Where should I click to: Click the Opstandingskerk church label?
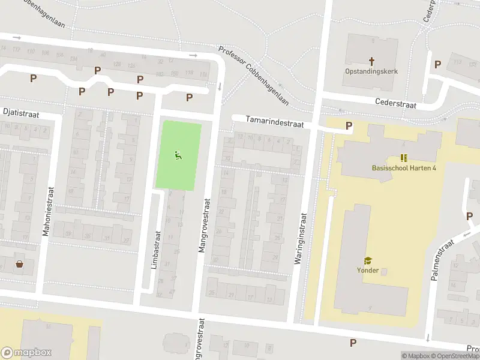[x=371, y=71]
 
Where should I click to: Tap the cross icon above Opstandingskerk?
[x=371, y=61]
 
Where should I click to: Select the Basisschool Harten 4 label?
[x=404, y=167]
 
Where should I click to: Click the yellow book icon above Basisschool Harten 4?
[x=404, y=158]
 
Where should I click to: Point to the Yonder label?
[x=367, y=270]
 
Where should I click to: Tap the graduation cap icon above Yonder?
[x=367, y=260]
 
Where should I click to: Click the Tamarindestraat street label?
[x=274, y=122]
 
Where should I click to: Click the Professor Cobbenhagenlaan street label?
[x=253, y=76]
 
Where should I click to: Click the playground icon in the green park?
[x=178, y=156]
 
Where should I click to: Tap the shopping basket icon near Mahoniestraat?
[x=20, y=264]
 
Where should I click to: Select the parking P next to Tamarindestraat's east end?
[x=349, y=125]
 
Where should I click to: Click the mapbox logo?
[x=26, y=353]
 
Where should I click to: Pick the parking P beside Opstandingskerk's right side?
[x=437, y=64]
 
